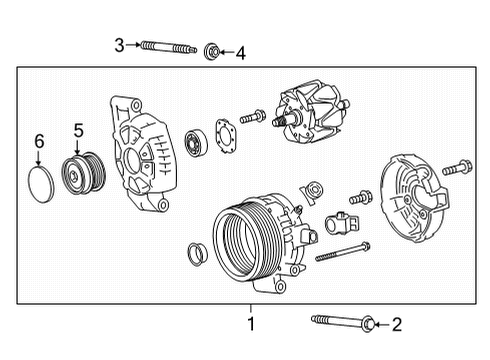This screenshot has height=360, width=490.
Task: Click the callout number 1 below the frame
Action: point(251,323)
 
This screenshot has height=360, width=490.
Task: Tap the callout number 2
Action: point(396,323)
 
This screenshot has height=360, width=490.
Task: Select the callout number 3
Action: point(119,45)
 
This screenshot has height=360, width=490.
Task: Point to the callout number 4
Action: point(239,52)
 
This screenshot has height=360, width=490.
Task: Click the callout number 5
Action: point(77,131)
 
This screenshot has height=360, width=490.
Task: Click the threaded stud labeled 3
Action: point(169,46)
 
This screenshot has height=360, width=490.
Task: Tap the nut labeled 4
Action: point(212,51)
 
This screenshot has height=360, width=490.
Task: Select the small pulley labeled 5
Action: point(78,171)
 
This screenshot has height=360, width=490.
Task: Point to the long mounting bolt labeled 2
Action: point(340,321)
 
